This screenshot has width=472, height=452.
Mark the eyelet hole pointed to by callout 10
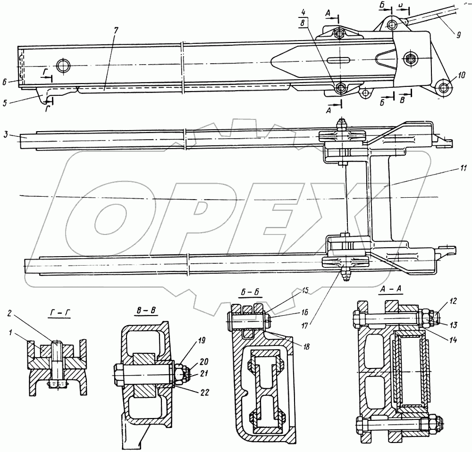(442, 87)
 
